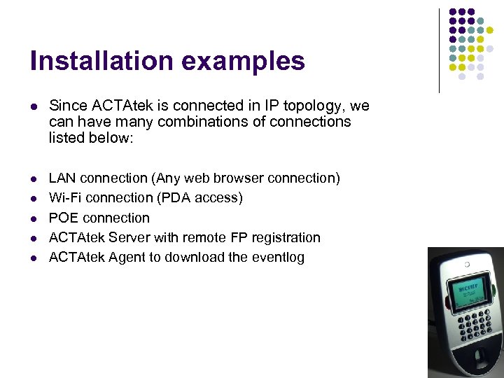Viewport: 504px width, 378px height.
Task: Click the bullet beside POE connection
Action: pyautogui.click(x=33, y=218)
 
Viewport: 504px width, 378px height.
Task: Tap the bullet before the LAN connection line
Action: pyautogui.click(x=33, y=178)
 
